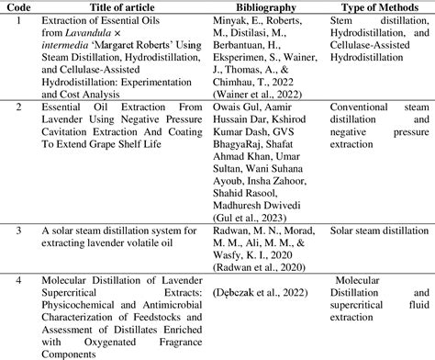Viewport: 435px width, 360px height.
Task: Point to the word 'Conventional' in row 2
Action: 370,107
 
